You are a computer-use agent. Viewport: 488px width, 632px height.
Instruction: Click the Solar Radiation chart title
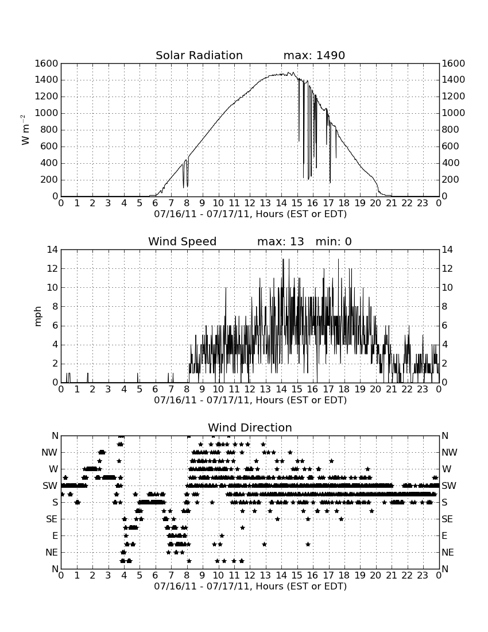(x=199, y=55)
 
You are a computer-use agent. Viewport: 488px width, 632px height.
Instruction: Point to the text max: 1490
(x=314, y=55)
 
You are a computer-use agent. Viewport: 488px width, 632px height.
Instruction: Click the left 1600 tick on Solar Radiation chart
(x=47, y=63)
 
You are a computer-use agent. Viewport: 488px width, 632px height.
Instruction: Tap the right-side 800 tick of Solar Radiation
(x=451, y=130)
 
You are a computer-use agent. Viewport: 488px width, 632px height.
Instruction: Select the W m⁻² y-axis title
(x=25, y=130)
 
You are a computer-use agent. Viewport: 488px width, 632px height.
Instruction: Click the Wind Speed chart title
(x=182, y=241)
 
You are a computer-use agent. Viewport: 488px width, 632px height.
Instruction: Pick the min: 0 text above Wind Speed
(x=334, y=241)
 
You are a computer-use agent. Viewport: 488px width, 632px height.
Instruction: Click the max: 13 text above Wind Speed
(x=281, y=241)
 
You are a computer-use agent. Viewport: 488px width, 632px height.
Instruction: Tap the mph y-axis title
(x=38, y=317)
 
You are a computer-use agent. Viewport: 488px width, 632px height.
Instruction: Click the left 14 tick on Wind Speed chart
(x=52, y=250)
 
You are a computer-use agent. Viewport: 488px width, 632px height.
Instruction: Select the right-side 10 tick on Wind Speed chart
(x=447, y=288)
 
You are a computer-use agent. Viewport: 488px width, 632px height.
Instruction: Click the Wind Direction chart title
(x=250, y=427)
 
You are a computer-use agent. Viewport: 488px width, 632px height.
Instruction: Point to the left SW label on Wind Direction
(x=50, y=486)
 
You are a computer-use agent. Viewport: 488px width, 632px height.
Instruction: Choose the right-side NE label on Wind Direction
(x=448, y=553)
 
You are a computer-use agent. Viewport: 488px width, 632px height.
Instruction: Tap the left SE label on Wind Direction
(x=52, y=519)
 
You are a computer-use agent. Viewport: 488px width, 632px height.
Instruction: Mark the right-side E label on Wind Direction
(x=444, y=536)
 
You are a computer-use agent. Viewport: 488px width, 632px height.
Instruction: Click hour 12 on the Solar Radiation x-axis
(x=250, y=203)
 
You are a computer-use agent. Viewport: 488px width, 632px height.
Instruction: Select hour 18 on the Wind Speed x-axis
(x=344, y=390)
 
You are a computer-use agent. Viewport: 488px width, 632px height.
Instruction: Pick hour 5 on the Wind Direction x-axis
(x=140, y=576)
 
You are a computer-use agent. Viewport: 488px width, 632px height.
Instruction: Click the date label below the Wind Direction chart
(x=250, y=587)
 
